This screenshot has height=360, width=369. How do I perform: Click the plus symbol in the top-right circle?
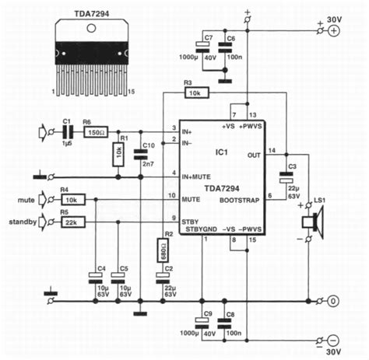334,31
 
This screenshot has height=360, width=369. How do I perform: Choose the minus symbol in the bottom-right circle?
334,340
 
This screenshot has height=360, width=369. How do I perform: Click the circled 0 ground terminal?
334,300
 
